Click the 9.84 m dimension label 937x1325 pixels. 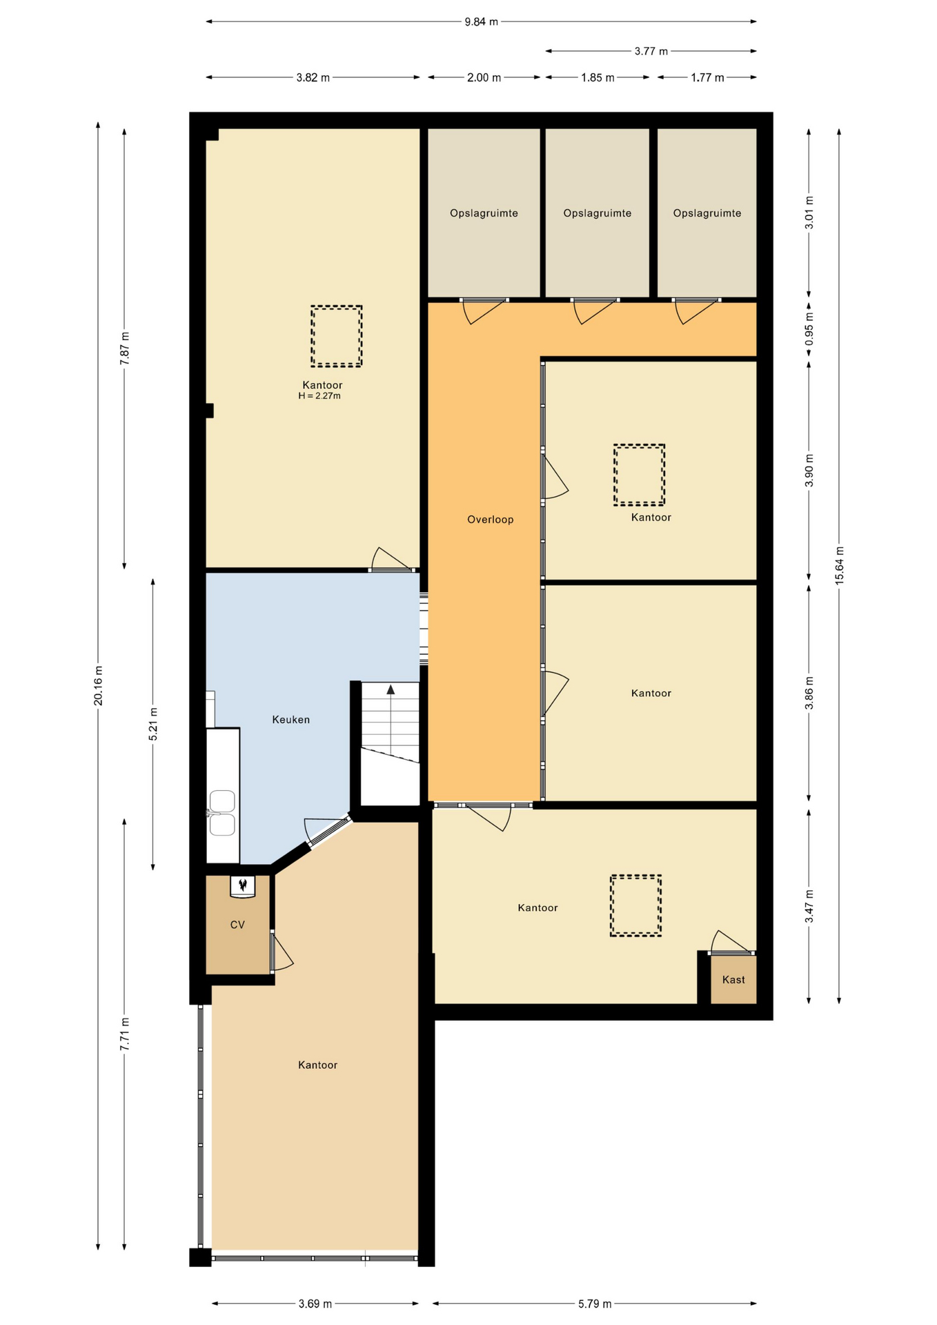[481, 22]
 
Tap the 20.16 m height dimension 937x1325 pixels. [99, 685]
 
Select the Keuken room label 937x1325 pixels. [290, 720]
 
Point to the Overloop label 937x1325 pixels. [490, 520]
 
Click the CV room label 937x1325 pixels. [237, 925]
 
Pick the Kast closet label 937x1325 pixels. [733, 979]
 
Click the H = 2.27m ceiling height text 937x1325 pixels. [319, 396]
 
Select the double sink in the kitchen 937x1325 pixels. [222, 813]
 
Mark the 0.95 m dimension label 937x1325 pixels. [809, 329]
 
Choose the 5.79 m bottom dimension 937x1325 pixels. [594, 1304]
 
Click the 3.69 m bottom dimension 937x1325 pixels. [315, 1304]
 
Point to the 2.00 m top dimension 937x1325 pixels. [484, 77]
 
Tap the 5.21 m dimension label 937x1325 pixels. [153, 724]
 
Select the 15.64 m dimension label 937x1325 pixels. [840, 566]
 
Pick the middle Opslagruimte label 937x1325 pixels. [597, 213]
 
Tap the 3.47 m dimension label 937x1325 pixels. [809, 906]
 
